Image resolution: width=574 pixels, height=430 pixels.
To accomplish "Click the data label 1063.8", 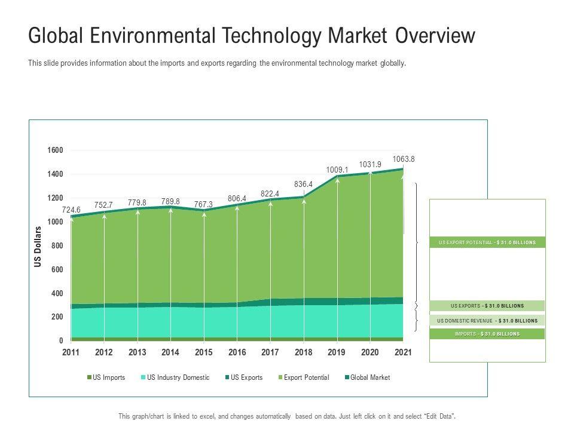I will point(403,159).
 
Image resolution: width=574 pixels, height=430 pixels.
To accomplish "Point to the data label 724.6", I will point(71,210).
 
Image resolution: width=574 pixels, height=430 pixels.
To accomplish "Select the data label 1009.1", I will point(337,170).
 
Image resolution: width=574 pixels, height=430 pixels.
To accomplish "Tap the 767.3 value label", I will point(203,204).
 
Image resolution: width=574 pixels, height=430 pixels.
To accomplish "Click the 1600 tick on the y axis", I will point(55,150).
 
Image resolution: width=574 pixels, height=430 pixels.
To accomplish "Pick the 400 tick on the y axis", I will point(57,293).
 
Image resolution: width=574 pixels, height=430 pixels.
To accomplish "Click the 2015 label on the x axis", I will point(204,353).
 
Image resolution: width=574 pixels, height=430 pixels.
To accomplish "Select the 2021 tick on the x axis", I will point(404,353).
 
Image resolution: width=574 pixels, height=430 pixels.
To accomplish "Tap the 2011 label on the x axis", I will point(71,353).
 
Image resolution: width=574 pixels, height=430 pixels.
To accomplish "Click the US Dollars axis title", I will point(38,247).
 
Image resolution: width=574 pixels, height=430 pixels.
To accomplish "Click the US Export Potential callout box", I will point(487,242).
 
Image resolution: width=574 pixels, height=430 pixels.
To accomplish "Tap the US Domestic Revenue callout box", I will point(487,321).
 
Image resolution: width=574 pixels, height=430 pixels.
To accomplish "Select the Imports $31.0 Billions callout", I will point(487,334).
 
